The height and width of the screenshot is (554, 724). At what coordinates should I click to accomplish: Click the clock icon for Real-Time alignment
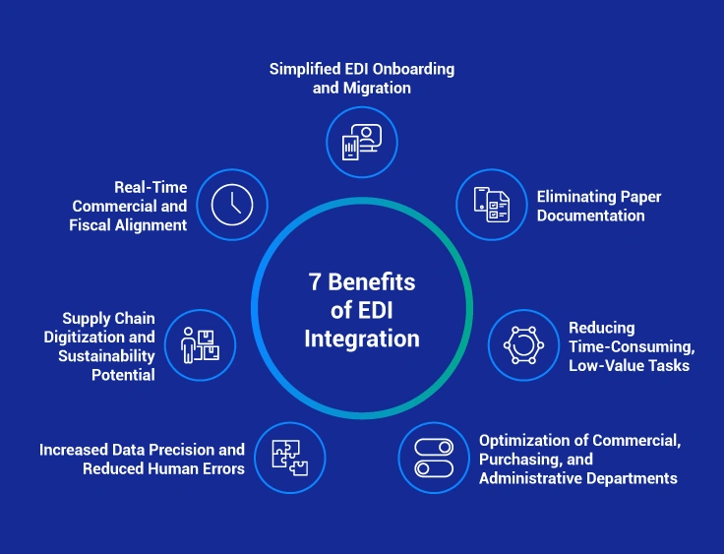click(x=232, y=205)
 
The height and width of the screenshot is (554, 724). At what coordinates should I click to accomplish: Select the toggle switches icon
click(x=434, y=458)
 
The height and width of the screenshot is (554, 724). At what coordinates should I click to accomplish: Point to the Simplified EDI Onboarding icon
click(x=361, y=142)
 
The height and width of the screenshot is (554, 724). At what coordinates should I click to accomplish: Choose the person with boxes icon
click(x=201, y=345)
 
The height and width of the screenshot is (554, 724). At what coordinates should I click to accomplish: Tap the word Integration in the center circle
click(x=361, y=339)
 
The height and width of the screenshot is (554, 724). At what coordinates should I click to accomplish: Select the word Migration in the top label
click(x=378, y=88)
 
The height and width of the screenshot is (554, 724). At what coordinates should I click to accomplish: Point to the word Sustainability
click(x=107, y=355)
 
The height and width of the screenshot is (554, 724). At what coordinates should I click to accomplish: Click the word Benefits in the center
click(x=372, y=283)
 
